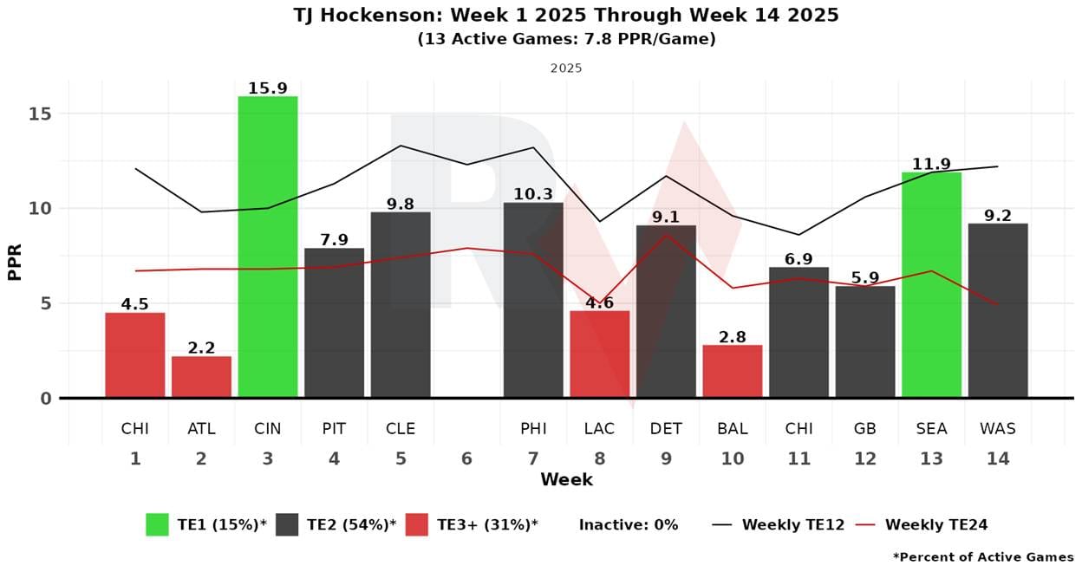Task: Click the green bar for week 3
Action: (268, 247)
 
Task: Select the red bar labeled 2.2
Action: (201, 377)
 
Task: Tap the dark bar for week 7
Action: (532, 300)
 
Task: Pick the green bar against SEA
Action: (931, 285)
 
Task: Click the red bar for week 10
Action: (732, 372)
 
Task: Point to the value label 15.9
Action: (268, 88)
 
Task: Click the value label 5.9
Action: (864, 278)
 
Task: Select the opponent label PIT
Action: (334, 429)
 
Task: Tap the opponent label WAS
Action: (997, 429)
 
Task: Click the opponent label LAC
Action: (599, 429)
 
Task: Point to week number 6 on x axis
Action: (466, 458)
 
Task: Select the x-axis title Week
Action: (566, 480)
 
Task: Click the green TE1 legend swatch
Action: (157, 524)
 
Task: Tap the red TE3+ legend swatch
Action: (417, 524)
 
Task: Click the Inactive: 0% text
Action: (629, 524)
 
